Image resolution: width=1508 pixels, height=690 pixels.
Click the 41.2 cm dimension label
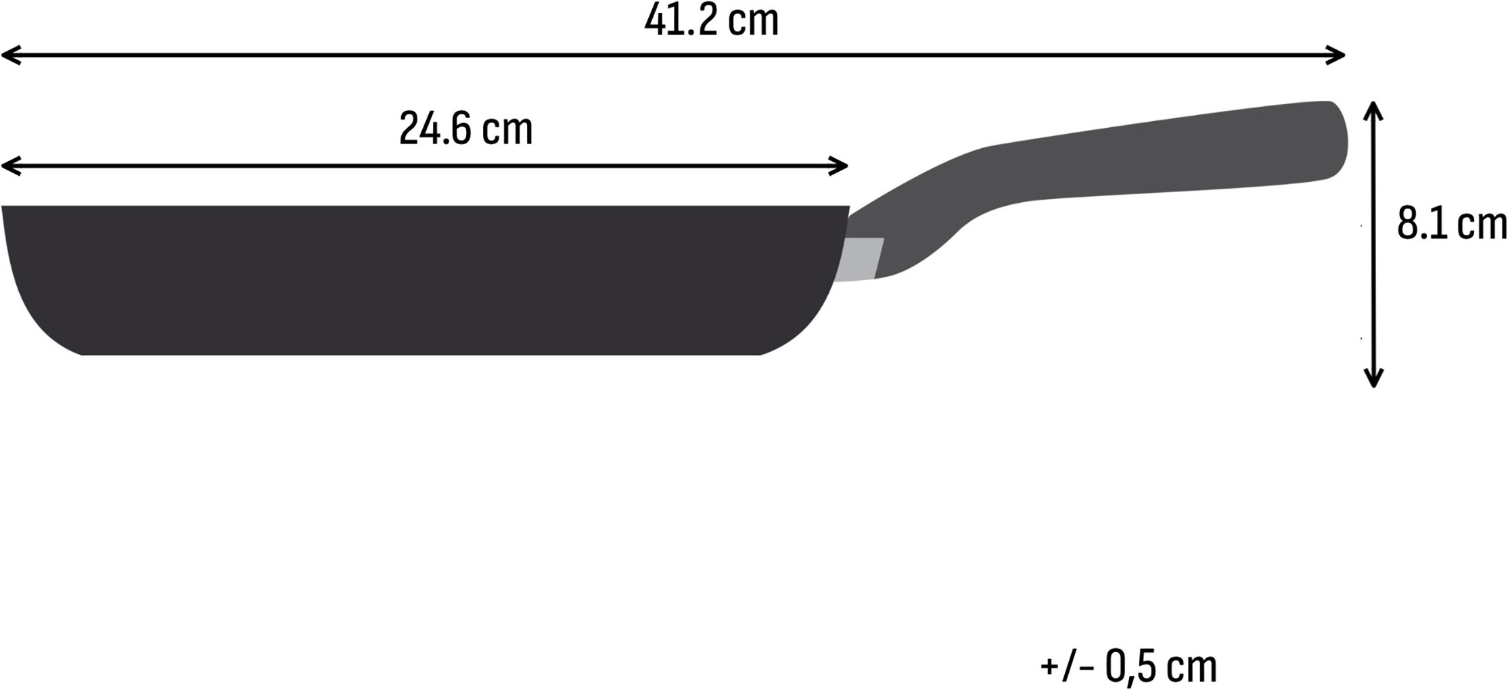711,20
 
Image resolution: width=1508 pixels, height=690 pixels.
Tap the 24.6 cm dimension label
465,129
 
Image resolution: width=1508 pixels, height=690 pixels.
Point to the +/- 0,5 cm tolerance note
1128,666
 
